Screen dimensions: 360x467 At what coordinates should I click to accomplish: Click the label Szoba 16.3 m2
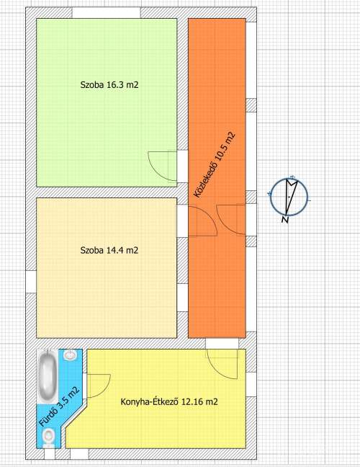coord(109,85)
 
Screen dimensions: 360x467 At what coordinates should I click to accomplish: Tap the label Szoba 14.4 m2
coord(109,250)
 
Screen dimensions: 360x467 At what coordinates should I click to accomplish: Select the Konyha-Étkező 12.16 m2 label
coord(169,401)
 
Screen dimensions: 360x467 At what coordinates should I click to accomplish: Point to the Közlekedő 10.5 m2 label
coord(215,165)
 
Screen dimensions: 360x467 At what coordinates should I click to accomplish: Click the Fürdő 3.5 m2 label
coord(59,406)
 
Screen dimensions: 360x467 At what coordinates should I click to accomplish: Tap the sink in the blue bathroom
coord(71,355)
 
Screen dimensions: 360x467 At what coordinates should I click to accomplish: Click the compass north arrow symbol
coord(289,197)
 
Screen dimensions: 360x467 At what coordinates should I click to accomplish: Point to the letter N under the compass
coord(285,220)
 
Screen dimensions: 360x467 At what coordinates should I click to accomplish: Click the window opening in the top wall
coord(107,13)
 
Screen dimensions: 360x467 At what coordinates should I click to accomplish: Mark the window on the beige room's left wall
coord(31,282)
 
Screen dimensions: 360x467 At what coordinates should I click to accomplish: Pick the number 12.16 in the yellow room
coord(191,401)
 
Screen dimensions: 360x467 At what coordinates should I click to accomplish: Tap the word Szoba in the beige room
coord(92,250)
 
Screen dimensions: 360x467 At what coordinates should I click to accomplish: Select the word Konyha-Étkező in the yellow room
coord(149,401)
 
